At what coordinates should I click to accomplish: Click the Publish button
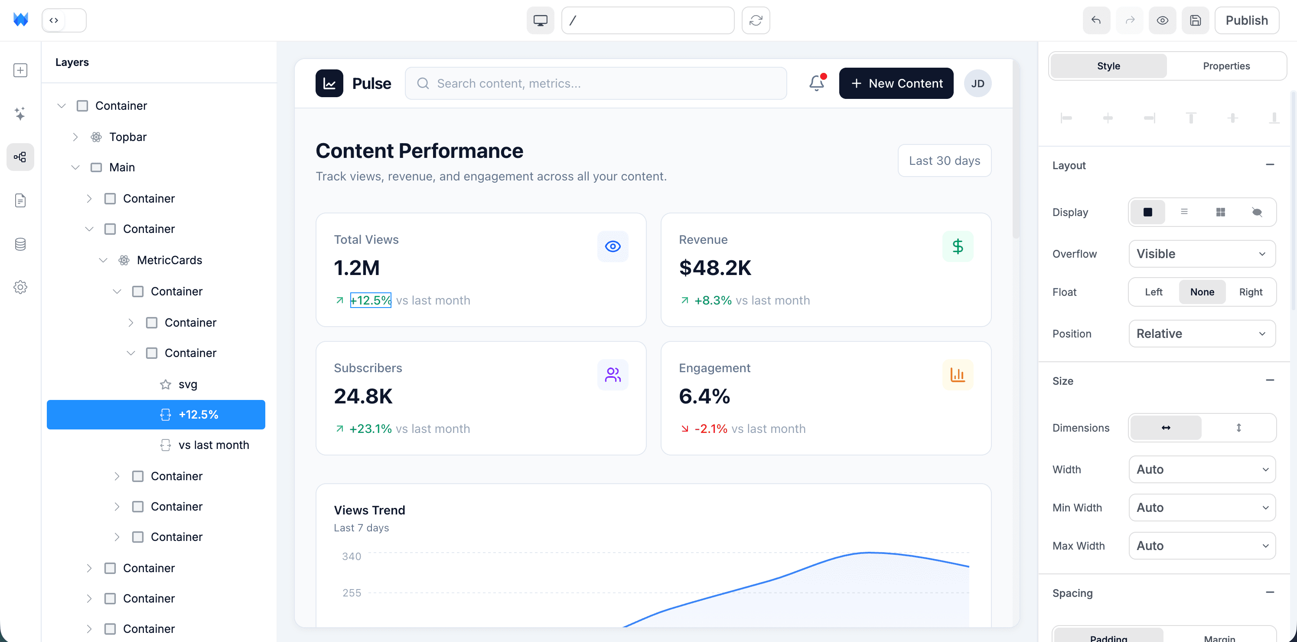pyautogui.click(x=1246, y=20)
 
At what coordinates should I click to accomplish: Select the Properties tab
pyautogui.click(x=1226, y=66)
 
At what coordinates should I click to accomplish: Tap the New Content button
pyautogui.click(x=896, y=83)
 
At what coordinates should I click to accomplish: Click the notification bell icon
pyautogui.click(x=816, y=83)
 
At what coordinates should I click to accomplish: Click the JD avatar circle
pyautogui.click(x=977, y=83)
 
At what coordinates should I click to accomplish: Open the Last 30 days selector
pyautogui.click(x=944, y=161)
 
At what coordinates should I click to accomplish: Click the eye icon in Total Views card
pyautogui.click(x=612, y=246)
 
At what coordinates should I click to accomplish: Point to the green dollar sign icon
pyautogui.click(x=957, y=246)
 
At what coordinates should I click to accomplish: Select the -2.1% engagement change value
pyautogui.click(x=710, y=429)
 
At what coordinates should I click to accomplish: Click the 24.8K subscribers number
pyautogui.click(x=363, y=396)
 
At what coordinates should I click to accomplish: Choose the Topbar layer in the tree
pyautogui.click(x=127, y=137)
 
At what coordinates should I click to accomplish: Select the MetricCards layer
pyautogui.click(x=169, y=260)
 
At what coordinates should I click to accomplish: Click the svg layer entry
pyautogui.click(x=187, y=384)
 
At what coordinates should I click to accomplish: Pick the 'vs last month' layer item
pyautogui.click(x=213, y=445)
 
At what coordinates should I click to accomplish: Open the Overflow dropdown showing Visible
pyautogui.click(x=1201, y=254)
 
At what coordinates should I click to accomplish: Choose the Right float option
pyautogui.click(x=1250, y=292)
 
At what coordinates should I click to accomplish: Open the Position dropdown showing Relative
pyautogui.click(x=1201, y=334)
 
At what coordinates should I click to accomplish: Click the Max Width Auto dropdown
pyautogui.click(x=1201, y=546)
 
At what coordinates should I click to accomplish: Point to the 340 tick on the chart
pyautogui.click(x=352, y=557)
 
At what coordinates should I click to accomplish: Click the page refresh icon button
pyautogui.click(x=755, y=20)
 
